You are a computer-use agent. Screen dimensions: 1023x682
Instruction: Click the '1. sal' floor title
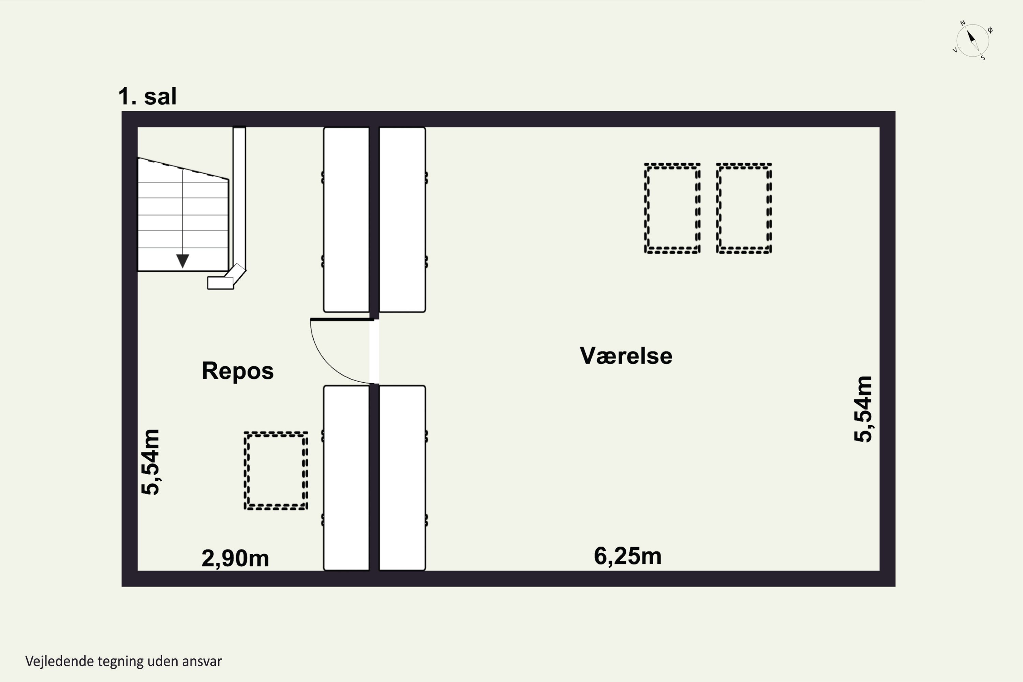point(147,96)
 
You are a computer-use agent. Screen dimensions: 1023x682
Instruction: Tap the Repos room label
point(237,371)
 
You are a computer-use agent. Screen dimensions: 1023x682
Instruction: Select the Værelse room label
point(626,355)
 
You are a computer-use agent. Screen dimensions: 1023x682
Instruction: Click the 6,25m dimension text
point(628,556)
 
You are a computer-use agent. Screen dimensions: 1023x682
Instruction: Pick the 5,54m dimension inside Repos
point(150,462)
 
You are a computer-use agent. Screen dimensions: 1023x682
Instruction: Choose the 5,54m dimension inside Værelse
point(863,409)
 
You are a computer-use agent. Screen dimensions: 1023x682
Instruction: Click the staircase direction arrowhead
point(183,261)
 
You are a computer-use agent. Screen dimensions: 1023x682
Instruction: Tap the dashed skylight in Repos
point(276,471)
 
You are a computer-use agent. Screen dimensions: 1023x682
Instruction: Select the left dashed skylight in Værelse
point(672,208)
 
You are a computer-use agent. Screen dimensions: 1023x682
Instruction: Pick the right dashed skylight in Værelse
point(744,208)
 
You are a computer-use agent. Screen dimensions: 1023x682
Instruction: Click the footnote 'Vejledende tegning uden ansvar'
point(123,661)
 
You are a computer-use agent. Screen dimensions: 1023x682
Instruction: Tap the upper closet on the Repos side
point(346,220)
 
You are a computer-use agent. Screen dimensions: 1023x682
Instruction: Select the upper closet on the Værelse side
point(402,220)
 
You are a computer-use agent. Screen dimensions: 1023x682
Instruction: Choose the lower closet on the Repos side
point(346,478)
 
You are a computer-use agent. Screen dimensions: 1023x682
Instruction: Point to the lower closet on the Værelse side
point(402,478)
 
